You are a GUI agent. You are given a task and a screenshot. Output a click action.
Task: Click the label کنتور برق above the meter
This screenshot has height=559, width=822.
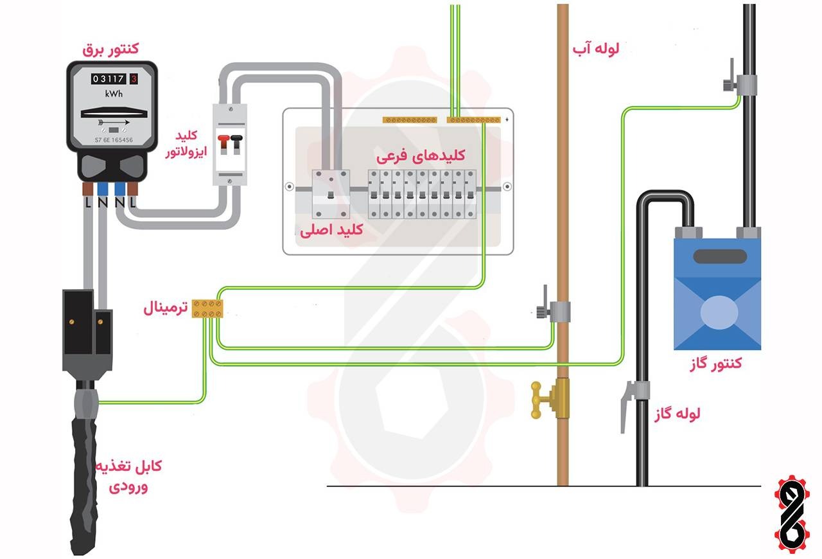111,48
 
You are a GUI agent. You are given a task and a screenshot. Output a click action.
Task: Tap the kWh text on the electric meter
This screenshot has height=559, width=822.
114,94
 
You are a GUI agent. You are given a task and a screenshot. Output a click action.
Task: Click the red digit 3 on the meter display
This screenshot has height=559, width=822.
134,79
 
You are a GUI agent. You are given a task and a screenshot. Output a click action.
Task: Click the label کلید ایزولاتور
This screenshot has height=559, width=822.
186,145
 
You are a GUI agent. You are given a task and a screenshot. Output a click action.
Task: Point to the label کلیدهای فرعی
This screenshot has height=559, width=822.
421,155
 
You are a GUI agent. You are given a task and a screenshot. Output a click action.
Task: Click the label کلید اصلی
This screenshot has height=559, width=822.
332,230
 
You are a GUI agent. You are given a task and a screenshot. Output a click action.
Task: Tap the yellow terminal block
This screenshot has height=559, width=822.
209,308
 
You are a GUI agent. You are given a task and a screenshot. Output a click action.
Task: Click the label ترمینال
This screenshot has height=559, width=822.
166,309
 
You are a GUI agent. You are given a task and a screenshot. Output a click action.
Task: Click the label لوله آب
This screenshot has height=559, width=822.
596,49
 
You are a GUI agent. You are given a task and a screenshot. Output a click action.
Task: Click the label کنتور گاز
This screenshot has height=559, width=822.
713,364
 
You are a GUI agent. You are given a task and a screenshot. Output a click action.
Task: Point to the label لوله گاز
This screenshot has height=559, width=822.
678,413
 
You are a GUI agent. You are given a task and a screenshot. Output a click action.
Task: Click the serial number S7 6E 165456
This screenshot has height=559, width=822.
113,139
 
